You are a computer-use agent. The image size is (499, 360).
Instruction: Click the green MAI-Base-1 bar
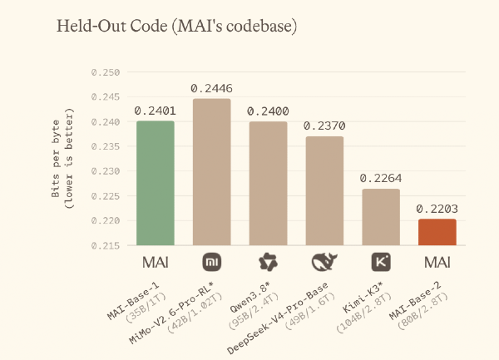[x=156, y=183]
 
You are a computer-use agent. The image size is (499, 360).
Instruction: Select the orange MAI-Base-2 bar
[x=437, y=232]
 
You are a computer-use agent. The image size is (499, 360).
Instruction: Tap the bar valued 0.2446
[x=211, y=172]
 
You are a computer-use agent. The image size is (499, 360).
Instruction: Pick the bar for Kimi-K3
[x=381, y=217]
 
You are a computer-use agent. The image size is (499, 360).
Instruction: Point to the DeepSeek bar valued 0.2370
[x=324, y=191]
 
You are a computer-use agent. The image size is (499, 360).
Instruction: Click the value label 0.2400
[x=268, y=111]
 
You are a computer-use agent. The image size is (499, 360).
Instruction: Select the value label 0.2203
[x=437, y=209]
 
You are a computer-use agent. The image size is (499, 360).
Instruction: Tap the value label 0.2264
[x=381, y=179]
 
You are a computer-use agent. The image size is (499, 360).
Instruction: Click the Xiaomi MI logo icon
[x=212, y=263]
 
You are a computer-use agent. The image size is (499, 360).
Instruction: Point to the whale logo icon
[x=324, y=263]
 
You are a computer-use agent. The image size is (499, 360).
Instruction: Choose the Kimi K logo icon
[x=381, y=263]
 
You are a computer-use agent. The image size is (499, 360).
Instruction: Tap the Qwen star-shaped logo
[x=268, y=263]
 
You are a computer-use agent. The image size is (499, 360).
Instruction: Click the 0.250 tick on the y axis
[x=106, y=72]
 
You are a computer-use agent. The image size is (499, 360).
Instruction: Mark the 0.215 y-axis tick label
[x=106, y=246]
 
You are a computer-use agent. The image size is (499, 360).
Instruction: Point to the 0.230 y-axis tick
[x=106, y=171]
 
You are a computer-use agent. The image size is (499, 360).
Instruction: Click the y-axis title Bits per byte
[x=56, y=158]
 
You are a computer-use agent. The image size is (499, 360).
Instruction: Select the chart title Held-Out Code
[x=112, y=26]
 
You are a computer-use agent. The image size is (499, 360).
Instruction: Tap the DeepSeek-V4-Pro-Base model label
[x=278, y=318]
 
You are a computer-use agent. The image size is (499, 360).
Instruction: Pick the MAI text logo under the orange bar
[x=437, y=263]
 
